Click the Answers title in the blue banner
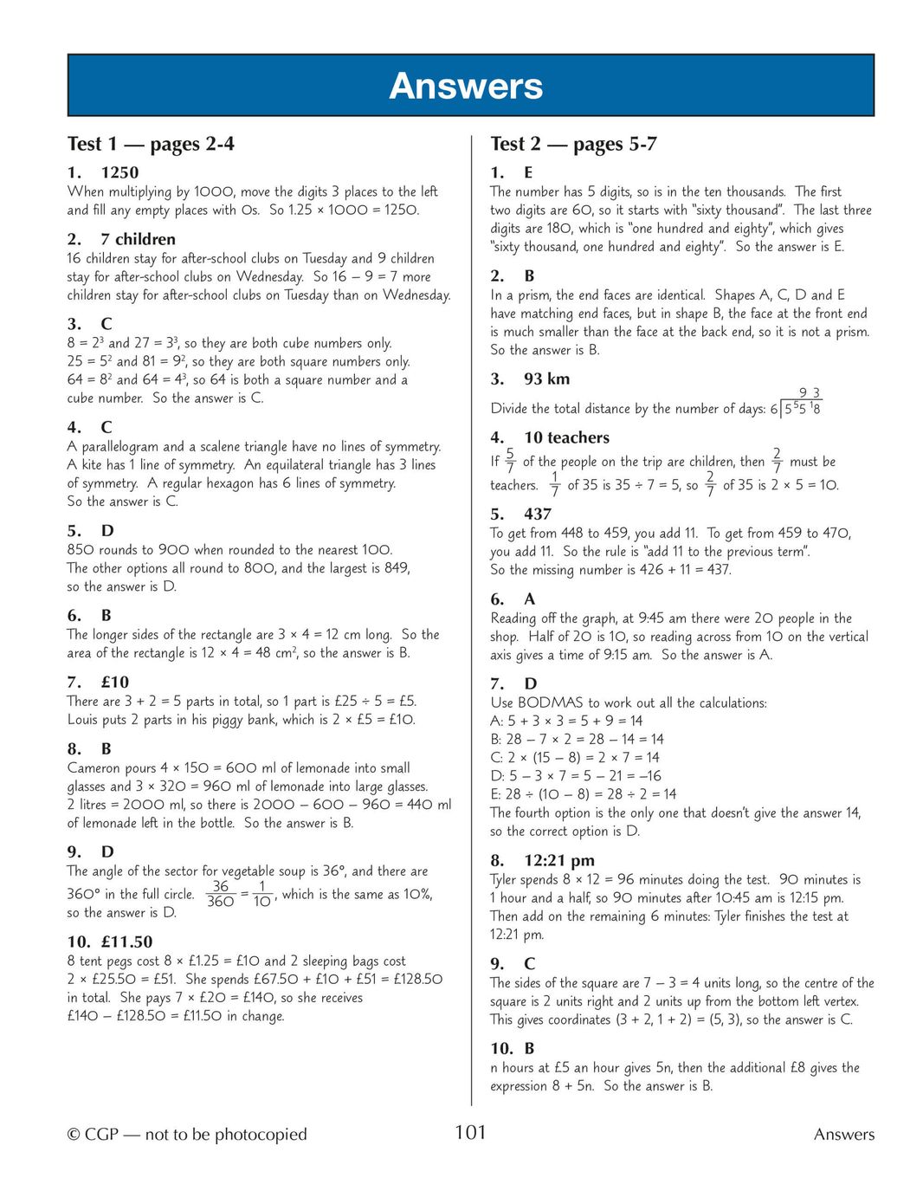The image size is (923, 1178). (466, 86)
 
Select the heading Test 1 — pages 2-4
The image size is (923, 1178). (151, 144)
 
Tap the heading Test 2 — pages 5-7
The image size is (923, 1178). (573, 144)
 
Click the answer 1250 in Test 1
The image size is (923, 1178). (119, 172)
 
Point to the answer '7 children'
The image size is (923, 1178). (138, 239)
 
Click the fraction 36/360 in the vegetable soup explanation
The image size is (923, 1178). (221, 894)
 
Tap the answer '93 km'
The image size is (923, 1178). (546, 379)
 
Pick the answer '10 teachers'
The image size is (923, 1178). (566, 437)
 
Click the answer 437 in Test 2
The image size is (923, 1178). (538, 514)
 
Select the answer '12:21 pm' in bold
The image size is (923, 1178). (559, 860)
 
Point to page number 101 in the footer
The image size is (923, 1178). (470, 1132)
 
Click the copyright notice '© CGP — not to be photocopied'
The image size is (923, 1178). (187, 1134)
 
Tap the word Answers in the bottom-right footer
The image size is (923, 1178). (843, 1134)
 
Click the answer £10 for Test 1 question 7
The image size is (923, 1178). (114, 682)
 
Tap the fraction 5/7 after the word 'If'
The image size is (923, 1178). (510, 461)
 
